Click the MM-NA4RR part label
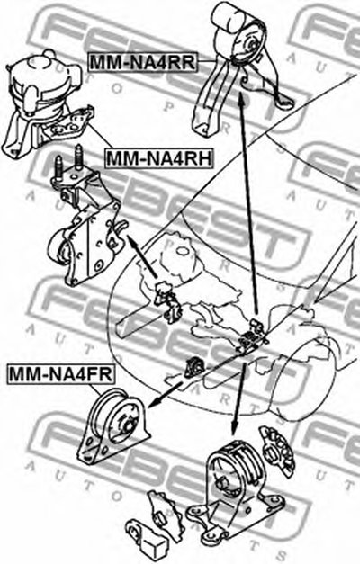[x=142, y=61]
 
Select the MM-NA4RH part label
[x=158, y=158]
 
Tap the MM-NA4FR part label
[x=61, y=373]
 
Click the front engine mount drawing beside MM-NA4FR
[x=112, y=425]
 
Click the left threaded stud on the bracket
[x=58, y=168]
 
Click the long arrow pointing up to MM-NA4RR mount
[x=248, y=201]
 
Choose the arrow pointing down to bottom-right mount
[x=239, y=398]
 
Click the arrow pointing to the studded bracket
[x=142, y=256]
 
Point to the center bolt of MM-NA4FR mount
[x=128, y=425]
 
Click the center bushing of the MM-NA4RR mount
[x=252, y=47]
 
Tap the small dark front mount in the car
[x=193, y=367]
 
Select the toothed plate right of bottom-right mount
[x=277, y=451]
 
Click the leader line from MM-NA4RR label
[x=208, y=61]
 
